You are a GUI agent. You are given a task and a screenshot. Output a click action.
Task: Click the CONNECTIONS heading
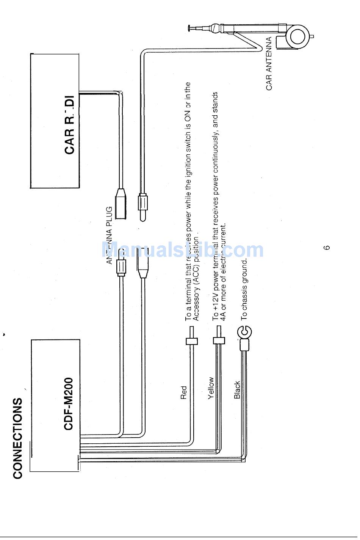(x=17, y=438)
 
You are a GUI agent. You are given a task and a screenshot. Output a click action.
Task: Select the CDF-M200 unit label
(x=68, y=403)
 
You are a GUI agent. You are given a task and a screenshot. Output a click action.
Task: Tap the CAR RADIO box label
(x=70, y=125)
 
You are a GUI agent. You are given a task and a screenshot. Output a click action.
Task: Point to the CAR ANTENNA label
(x=269, y=64)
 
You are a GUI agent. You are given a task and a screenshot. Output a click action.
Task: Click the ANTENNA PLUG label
(x=110, y=235)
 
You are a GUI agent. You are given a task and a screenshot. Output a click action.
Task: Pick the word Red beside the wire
(x=184, y=392)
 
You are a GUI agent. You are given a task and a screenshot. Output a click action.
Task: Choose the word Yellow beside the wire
(x=211, y=388)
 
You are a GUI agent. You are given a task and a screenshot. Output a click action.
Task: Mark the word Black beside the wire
(x=237, y=389)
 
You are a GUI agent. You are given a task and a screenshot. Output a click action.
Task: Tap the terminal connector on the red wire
(x=192, y=341)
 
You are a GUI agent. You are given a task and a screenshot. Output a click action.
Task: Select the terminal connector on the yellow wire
(x=219, y=340)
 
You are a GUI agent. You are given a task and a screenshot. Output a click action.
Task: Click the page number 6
(x=327, y=248)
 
